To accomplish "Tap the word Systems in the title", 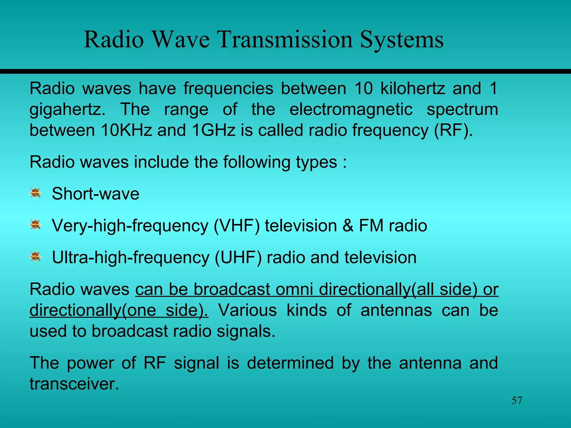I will tap(401, 40).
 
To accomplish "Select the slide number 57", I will tap(517, 401).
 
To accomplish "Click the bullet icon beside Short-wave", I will tap(35, 193).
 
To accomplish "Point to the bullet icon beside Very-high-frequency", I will tap(35, 225).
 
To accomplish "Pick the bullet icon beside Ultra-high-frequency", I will tap(35, 257).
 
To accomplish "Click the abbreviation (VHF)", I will tap(237, 226).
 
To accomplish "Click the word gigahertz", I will tap(67, 110).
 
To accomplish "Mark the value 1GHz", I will tap(214, 130).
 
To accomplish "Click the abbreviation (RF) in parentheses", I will tap(453, 130).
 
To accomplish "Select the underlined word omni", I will tap(294, 289).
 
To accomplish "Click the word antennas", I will tap(396, 310).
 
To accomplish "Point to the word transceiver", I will tap(74, 384).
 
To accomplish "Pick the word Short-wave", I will tap(95, 194).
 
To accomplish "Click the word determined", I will tap(290, 363).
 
